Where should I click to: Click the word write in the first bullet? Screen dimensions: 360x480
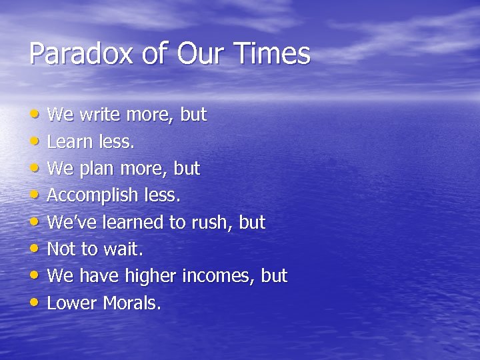coord(100,115)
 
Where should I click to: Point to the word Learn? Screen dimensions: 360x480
coord(70,142)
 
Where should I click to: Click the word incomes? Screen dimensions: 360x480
coord(223,276)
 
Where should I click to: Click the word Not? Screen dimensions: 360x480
coord(62,249)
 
